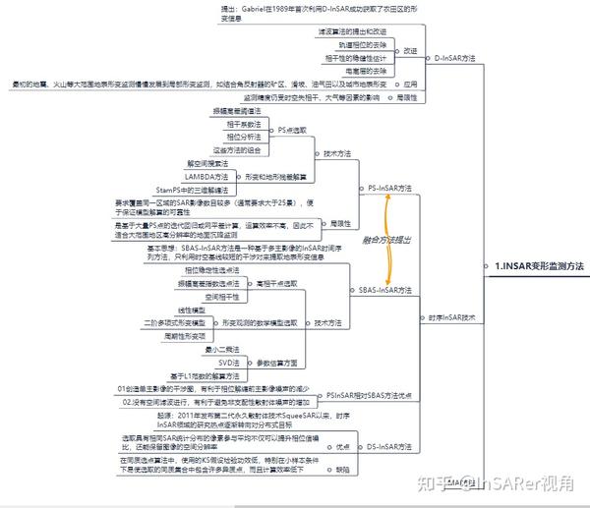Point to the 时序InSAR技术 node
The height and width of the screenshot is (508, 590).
point(451,317)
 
